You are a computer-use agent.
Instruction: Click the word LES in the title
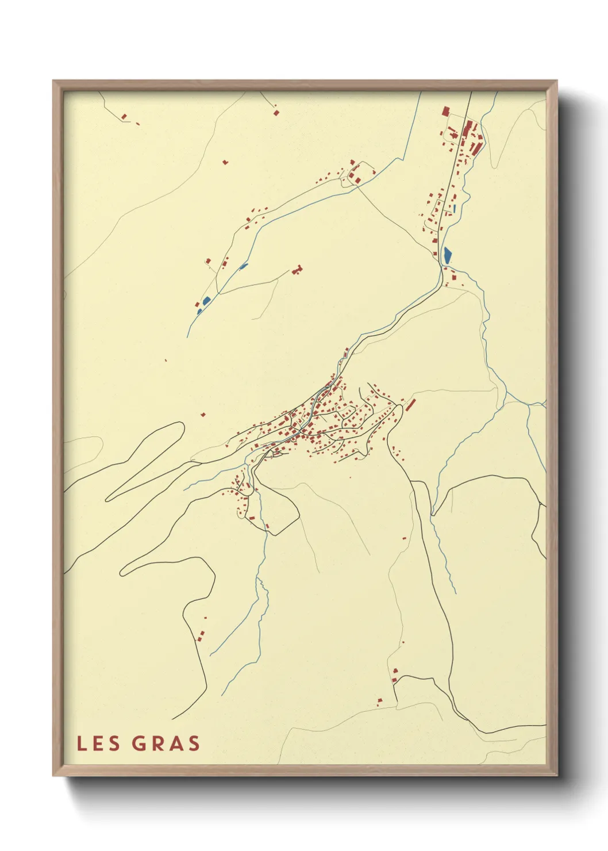[x=98, y=743]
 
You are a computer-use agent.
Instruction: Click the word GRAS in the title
[x=166, y=743]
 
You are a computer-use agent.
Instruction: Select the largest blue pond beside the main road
[x=448, y=254]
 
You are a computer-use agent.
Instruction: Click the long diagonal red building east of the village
[x=411, y=404]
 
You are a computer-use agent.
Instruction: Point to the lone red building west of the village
[x=203, y=413]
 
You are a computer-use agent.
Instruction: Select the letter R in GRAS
[x=157, y=743]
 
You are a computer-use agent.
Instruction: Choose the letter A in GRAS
[x=175, y=743]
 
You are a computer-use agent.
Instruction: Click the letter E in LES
[x=98, y=743]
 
